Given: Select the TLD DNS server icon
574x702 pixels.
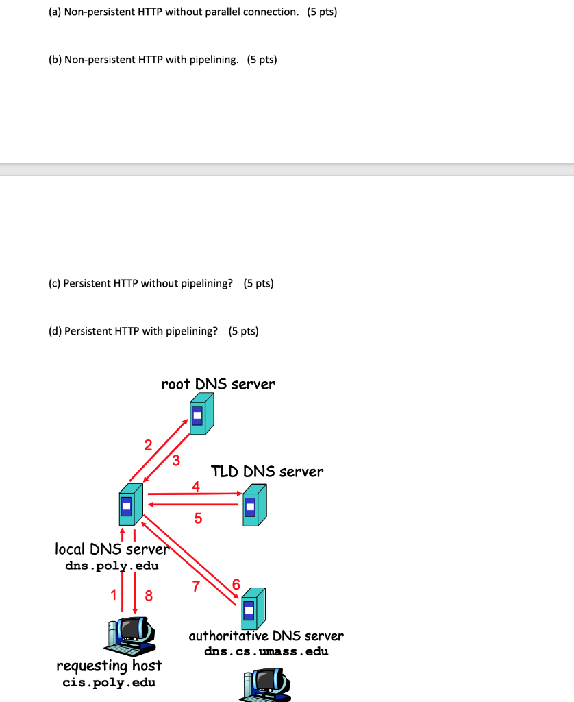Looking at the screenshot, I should tap(253, 505).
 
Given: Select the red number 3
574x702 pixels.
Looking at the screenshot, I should tap(176, 460).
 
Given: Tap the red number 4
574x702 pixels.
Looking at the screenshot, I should tap(197, 487).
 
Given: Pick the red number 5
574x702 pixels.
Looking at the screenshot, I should tap(198, 518).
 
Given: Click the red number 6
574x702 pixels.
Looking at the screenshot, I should tap(236, 584).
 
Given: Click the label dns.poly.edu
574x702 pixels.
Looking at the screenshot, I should tap(112, 566).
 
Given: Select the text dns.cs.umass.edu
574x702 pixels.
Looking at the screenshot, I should tap(266, 651).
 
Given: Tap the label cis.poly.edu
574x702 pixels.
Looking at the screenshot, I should tap(109, 682).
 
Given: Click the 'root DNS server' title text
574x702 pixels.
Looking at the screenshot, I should tap(218, 384).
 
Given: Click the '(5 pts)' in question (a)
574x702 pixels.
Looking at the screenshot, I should tap(322, 12).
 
